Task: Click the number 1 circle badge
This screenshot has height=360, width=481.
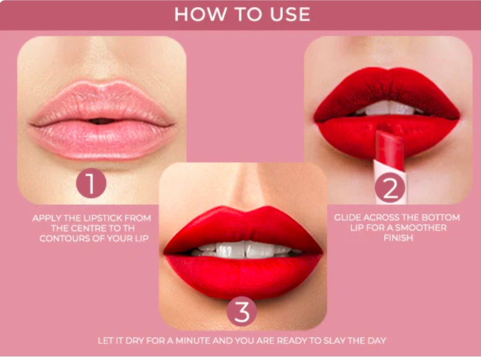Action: coord(91,183)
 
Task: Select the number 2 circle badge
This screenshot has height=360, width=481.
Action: coord(390,187)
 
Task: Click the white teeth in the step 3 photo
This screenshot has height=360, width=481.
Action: coord(244,250)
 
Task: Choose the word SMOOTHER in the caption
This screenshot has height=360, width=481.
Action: coord(421,228)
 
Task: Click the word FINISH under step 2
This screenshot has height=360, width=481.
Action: coord(398,238)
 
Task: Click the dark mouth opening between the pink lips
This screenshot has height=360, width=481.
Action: coord(101,121)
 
